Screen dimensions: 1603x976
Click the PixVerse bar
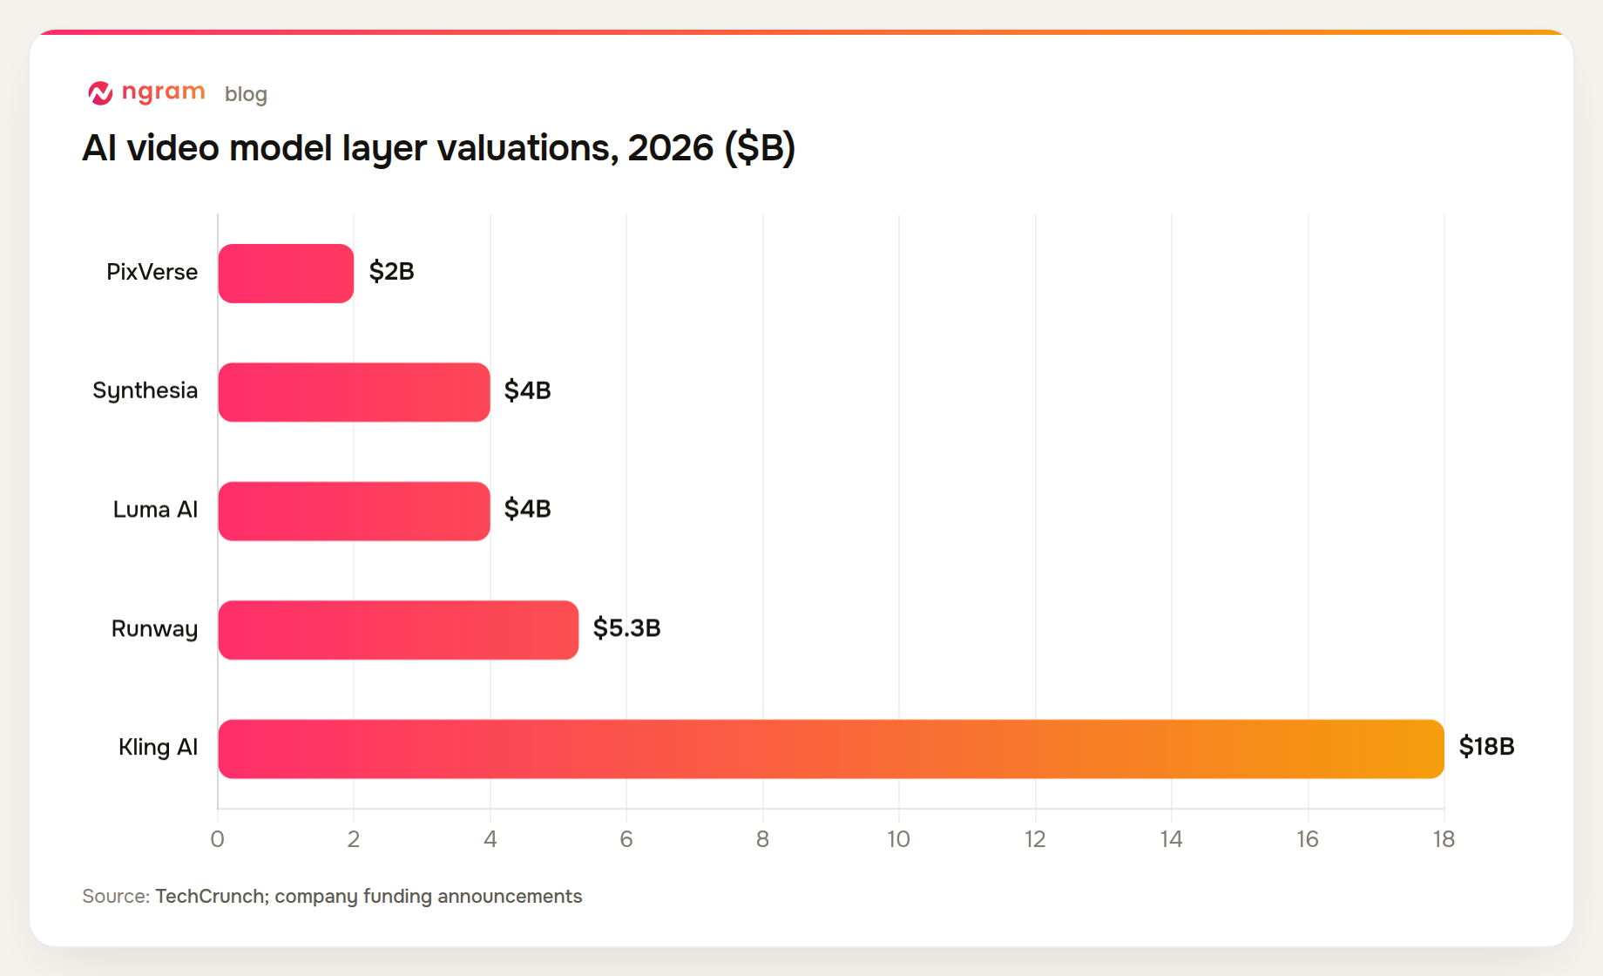point(286,274)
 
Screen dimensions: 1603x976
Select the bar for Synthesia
point(354,392)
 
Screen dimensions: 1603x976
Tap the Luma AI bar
point(354,512)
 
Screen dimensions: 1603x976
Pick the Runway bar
point(398,630)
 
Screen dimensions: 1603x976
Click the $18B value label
point(1486,747)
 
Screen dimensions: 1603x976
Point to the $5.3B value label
point(626,628)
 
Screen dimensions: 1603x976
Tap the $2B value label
point(391,272)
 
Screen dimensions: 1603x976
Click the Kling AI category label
point(158,748)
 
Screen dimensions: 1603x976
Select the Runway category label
point(154,629)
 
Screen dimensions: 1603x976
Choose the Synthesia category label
point(145,391)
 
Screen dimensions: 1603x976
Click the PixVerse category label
point(152,272)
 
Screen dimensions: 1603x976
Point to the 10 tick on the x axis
point(898,839)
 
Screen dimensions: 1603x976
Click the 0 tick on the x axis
point(217,839)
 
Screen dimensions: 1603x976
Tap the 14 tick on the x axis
point(1171,839)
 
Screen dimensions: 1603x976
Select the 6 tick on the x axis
point(626,839)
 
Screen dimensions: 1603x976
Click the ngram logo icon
point(100,92)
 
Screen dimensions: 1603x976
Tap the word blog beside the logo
point(246,94)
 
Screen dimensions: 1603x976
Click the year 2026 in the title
point(671,148)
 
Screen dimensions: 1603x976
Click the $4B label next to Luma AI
point(527,509)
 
